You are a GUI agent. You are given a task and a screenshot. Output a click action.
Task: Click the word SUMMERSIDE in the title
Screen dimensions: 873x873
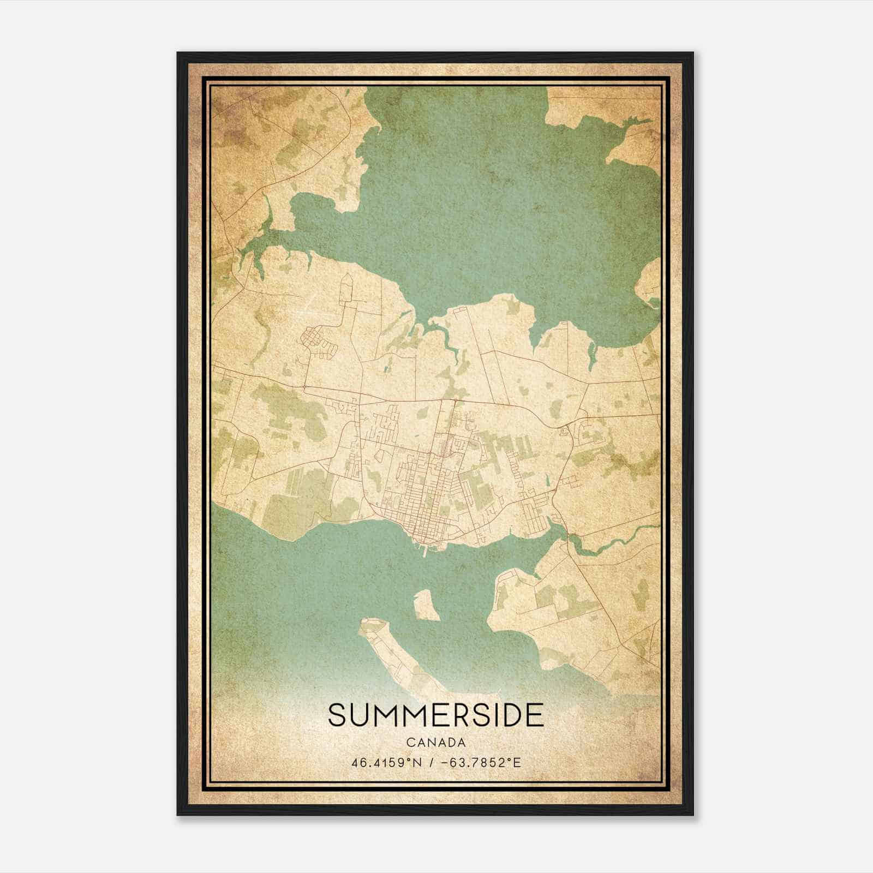point(436,715)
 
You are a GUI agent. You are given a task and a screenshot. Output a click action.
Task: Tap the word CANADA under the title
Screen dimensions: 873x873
point(436,742)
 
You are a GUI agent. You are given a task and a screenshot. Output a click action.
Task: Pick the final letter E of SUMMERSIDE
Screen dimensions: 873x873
point(535,715)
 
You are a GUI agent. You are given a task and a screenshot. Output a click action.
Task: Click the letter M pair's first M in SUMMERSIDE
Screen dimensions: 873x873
point(385,715)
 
